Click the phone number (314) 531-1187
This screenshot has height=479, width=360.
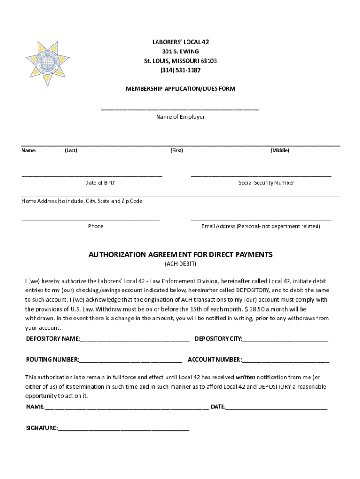pos(180,70)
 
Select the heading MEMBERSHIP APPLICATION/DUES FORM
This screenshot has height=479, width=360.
pos(180,88)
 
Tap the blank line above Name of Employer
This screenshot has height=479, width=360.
pos(180,109)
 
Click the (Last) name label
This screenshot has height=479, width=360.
pos(71,150)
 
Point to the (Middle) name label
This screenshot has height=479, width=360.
pos(280,150)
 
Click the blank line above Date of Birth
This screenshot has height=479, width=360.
pos(92,176)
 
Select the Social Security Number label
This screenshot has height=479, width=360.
pos(266,183)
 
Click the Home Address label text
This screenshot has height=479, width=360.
pos(82,201)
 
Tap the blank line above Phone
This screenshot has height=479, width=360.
pos(91,219)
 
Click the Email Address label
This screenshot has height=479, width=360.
pos(261,226)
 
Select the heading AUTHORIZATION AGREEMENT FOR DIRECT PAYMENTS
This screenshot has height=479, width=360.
pos(180,255)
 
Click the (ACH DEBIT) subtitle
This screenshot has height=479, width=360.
pos(180,264)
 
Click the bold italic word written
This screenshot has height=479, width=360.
pos(245,377)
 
